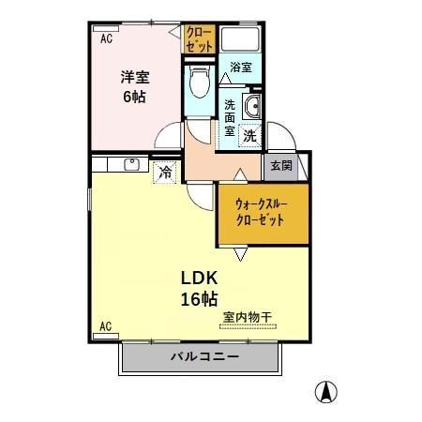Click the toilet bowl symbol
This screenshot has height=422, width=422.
pyautogui.click(x=200, y=83)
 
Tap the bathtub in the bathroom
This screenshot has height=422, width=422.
pyautogui.click(x=240, y=39)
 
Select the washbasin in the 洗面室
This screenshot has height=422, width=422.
pyautogui.click(x=252, y=106)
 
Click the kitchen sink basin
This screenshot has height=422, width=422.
pyautogui.click(x=132, y=164)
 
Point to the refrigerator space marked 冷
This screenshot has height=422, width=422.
pyautogui.click(x=165, y=173)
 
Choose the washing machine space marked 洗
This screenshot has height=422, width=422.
pyautogui.click(x=249, y=136)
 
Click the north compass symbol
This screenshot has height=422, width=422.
pyautogui.click(x=326, y=392)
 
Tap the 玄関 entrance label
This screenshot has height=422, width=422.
pyautogui.click(x=281, y=166)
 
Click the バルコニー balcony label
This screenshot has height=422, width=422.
pyautogui.click(x=205, y=356)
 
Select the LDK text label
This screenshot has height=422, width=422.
pyautogui.click(x=200, y=278)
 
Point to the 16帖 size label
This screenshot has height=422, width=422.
pyautogui.click(x=200, y=299)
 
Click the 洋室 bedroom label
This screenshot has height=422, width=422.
pyautogui.click(x=135, y=77)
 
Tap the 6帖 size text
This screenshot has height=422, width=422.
pyautogui.click(x=134, y=97)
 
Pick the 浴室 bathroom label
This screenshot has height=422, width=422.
pyautogui.click(x=241, y=68)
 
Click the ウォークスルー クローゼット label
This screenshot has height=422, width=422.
pyautogui.click(x=262, y=213)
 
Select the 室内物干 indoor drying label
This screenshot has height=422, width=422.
pyautogui.click(x=248, y=318)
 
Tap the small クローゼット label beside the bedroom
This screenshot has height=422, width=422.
pyautogui.click(x=199, y=39)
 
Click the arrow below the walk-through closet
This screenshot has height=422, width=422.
pyautogui.click(x=241, y=254)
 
